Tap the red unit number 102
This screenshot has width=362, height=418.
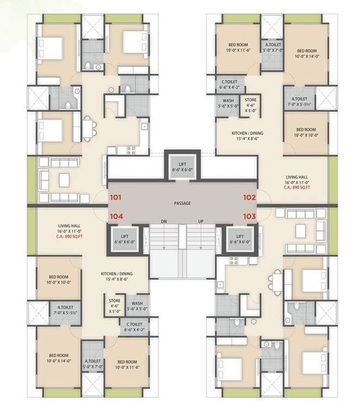[249, 198]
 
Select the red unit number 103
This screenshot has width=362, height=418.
[249, 216]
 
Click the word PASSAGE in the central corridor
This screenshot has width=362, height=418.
[182, 203]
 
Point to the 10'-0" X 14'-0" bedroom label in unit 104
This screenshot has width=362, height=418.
[57, 359]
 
